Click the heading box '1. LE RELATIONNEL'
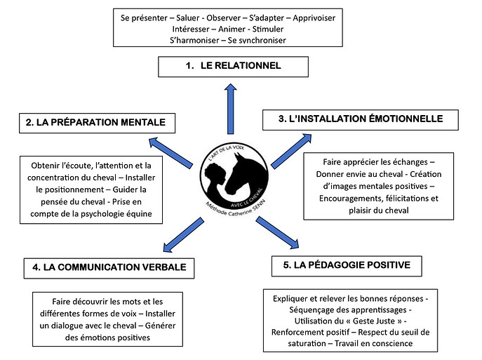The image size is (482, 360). [x=233, y=67]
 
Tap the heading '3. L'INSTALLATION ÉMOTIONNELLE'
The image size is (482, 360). [x=360, y=119]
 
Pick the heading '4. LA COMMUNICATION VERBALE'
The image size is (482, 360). [x=109, y=268]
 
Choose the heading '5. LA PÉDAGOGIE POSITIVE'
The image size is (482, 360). [x=347, y=266]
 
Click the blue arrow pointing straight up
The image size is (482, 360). [x=230, y=109]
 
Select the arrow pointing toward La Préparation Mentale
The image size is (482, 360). [x=170, y=152]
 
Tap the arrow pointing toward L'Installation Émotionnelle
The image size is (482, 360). [x=291, y=151]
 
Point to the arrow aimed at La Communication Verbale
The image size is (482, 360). [x=184, y=235]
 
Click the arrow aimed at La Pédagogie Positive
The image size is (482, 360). [x=277, y=232]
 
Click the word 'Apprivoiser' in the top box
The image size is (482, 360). [x=314, y=18]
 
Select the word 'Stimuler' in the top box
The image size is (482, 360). [x=268, y=29]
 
